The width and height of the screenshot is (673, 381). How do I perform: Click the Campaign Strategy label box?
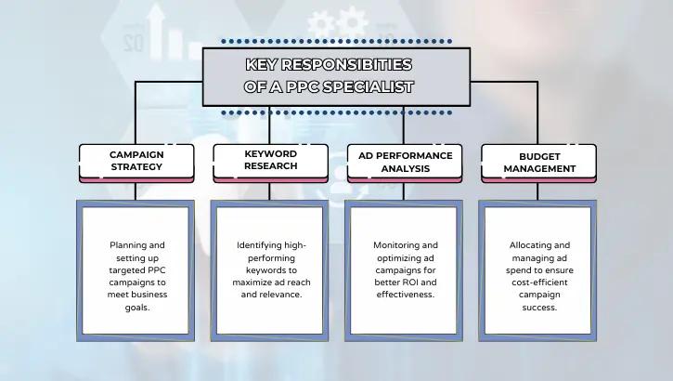click(136, 161)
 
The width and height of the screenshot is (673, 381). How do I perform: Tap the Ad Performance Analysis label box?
click(404, 161)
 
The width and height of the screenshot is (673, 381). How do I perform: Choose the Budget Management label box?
click(538, 161)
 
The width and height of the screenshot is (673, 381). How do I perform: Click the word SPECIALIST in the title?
click(366, 86)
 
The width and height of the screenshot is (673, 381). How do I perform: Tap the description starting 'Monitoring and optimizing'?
click(402, 270)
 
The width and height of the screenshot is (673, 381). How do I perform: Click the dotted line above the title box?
click(336, 42)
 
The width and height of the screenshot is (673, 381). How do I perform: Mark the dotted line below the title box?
click(336, 112)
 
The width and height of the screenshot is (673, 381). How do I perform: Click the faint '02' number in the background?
click(133, 42)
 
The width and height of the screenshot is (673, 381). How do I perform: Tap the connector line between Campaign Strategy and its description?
click(136, 190)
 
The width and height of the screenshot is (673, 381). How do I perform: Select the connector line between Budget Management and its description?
click(538, 190)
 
